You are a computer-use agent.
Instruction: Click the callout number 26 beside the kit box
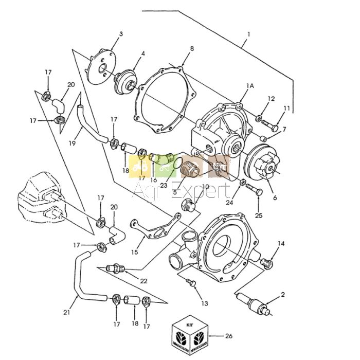pyautogui.click(x=228, y=336)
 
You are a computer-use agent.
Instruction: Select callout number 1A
pyautogui.click(x=250, y=86)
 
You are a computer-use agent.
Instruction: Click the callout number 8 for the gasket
pyautogui.click(x=191, y=48)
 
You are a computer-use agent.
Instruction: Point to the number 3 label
pyautogui.click(x=121, y=34)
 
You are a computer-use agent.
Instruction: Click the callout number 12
pyautogui.click(x=271, y=98)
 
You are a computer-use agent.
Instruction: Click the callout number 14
pyautogui.click(x=281, y=243)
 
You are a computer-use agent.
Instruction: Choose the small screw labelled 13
pyautogui.click(x=190, y=282)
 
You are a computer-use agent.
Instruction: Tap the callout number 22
pyautogui.click(x=143, y=280)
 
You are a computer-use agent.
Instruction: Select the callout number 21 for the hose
pyautogui.click(x=66, y=312)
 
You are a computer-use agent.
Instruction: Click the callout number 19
pyautogui.click(x=72, y=143)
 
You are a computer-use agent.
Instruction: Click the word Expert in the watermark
pyautogui.click(x=203, y=191)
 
